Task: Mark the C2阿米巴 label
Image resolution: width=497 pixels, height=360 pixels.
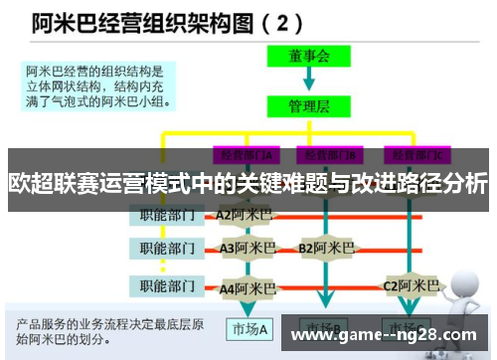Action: coord(411,285)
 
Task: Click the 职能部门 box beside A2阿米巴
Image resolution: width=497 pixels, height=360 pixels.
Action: coord(165,213)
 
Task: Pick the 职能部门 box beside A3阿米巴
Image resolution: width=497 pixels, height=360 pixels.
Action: coord(165,247)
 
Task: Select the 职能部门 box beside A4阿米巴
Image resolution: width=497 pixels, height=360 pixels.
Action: coord(165,287)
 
